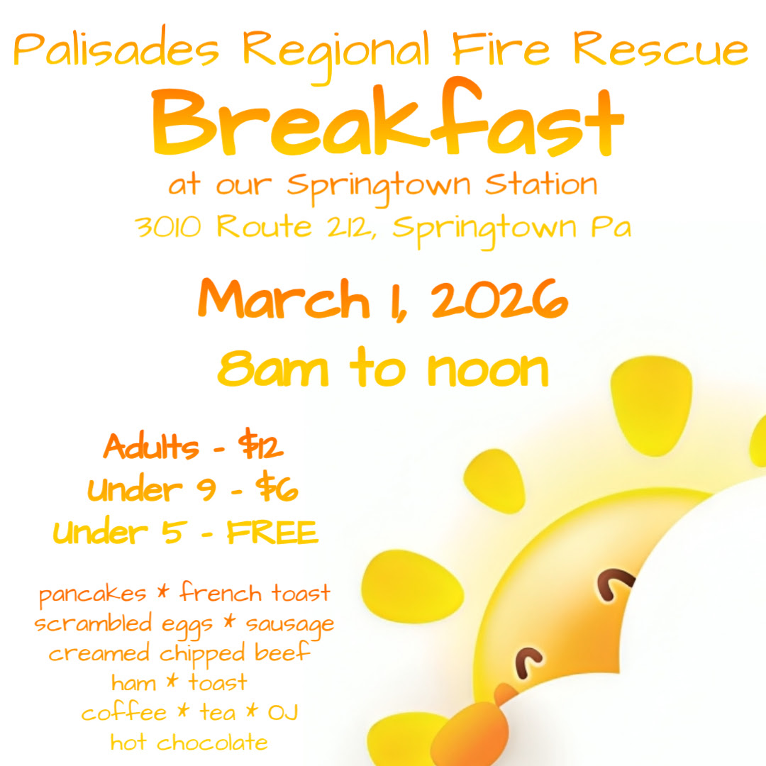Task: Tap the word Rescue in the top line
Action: (x=660, y=48)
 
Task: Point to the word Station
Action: (x=541, y=184)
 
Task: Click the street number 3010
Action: (x=168, y=227)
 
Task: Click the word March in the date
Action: (x=284, y=299)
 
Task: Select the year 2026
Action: (x=499, y=299)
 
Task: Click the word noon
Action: (x=488, y=370)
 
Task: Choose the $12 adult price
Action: (x=260, y=444)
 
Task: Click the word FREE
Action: (x=272, y=532)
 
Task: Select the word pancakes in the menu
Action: (x=92, y=594)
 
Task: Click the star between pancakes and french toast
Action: (x=163, y=592)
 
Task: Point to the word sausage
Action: (x=289, y=626)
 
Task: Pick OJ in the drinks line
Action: (x=283, y=713)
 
